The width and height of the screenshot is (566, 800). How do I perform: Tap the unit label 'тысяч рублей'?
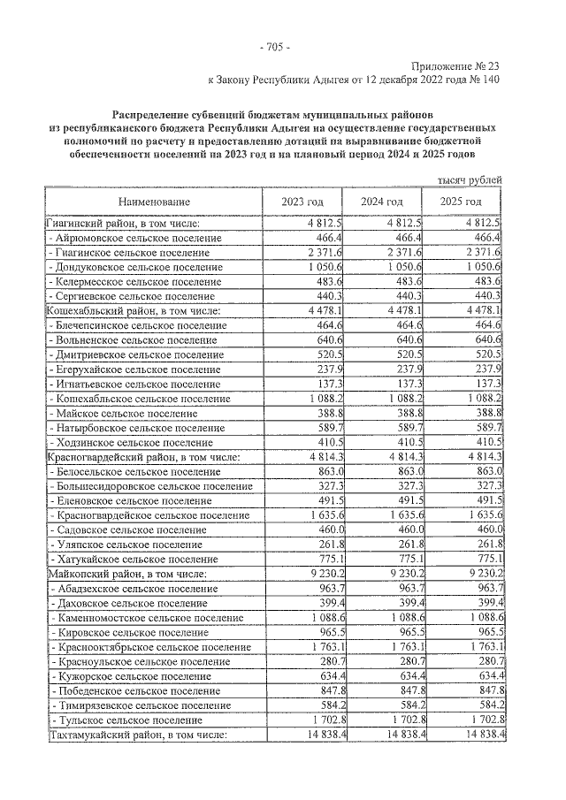(x=470, y=180)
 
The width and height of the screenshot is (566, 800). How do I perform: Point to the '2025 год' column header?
(x=460, y=202)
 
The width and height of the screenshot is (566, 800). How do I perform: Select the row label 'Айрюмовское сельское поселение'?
(x=137, y=239)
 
